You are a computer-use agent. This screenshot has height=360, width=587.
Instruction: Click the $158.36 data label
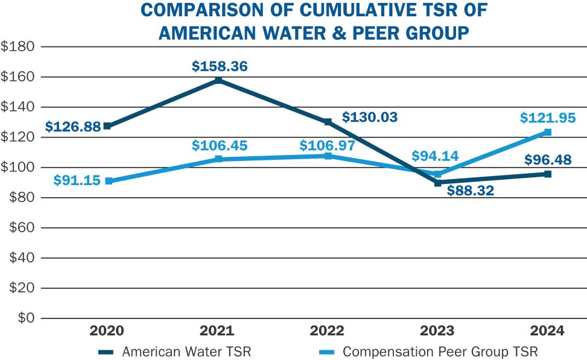[x=220, y=66]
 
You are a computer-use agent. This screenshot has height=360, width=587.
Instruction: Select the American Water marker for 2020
[x=107, y=126]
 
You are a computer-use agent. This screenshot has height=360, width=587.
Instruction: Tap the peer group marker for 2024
[x=548, y=132]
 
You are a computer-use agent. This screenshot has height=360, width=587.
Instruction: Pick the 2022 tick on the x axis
[x=327, y=330]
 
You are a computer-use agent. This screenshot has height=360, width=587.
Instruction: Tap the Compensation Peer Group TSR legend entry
[x=428, y=352]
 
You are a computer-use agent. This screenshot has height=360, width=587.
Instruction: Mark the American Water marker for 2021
[x=218, y=80]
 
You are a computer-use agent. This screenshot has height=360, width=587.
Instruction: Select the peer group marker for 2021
[x=218, y=159]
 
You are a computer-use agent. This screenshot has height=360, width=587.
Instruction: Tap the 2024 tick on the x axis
[x=548, y=330]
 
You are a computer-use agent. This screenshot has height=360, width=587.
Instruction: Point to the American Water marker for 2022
[x=328, y=122]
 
